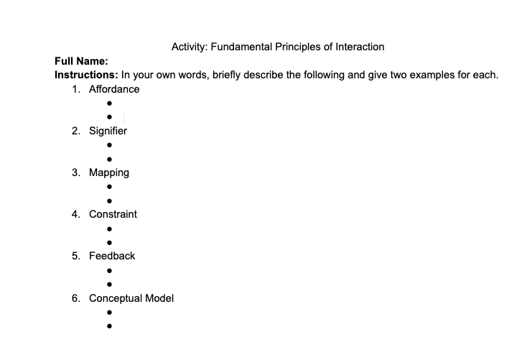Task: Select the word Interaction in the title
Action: click(x=358, y=47)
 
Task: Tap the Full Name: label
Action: click(x=81, y=61)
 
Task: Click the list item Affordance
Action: click(x=114, y=89)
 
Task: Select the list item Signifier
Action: click(x=108, y=131)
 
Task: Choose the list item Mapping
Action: click(x=109, y=172)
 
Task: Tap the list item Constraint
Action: click(x=113, y=214)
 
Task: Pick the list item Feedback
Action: click(x=112, y=256)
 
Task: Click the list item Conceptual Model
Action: click(x=131, y=297)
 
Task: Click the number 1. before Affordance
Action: click(x=76, y=89)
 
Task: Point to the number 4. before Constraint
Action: click(x=76, y=214)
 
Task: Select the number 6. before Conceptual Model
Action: click(x=76, y=297)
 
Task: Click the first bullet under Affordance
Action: click(x=109, y=103)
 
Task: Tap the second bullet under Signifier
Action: click(x=109, y=159)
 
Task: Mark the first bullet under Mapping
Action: click(x=109, y=187)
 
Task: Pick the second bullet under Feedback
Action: click(x=109, y=284)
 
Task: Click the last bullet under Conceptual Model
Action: click(x=109, y=326)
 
